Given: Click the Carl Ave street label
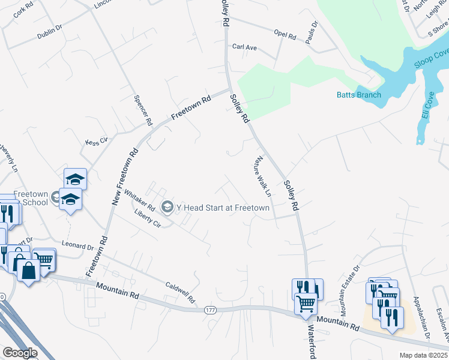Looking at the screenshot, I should (x=244, y=47).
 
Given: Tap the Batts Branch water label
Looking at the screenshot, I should (x=358, y=95).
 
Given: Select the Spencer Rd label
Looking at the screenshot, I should (x=143, y=110).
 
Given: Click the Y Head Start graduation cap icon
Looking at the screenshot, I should (x=167, y=207).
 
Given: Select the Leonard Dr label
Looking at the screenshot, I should (x=78, y=245).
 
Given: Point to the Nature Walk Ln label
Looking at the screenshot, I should (x=262, y=177).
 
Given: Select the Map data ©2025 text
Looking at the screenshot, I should (x=424, y=355).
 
